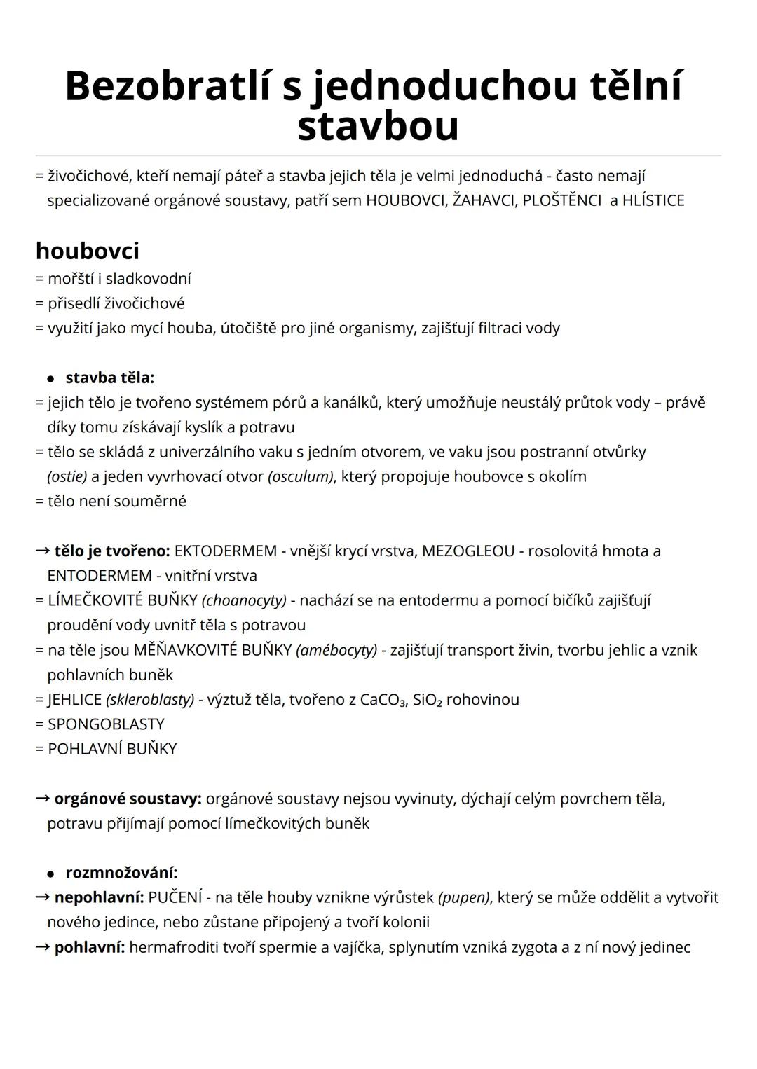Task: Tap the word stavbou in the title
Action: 378,127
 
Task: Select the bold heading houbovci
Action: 88,250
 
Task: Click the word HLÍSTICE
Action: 653,200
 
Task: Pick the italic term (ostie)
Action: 67,476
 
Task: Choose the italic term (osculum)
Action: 301,476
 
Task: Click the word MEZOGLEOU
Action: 468,551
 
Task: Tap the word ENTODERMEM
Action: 99,576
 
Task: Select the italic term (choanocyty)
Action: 244,600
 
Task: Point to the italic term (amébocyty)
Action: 336,650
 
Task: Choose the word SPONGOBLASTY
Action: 106,724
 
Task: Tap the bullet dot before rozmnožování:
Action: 50,874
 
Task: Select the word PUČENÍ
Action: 175,897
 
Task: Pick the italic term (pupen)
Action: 463,897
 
